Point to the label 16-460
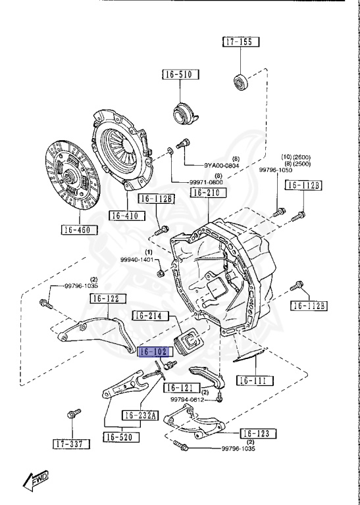coord(79,229)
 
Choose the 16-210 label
coord(207,193)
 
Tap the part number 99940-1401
coord(137,260)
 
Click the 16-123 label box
coord(257,433)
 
